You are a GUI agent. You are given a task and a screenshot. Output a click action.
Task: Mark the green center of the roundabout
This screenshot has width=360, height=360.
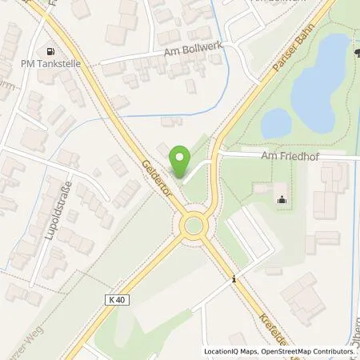194,227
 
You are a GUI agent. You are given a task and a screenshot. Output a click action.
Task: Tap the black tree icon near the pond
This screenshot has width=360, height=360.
354,53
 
